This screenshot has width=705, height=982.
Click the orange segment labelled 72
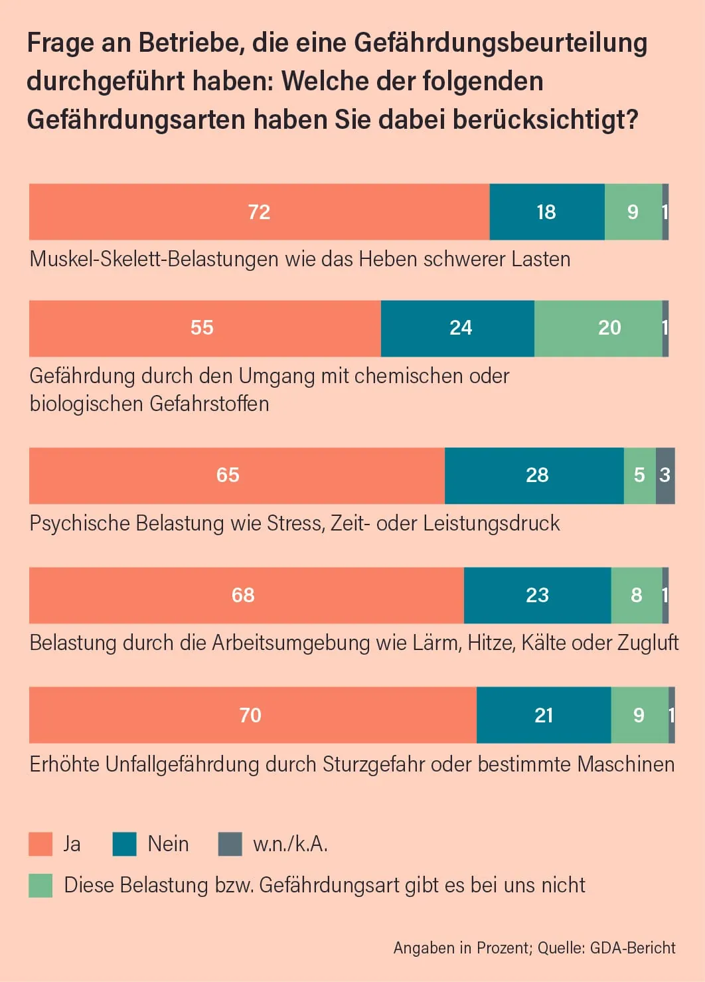pos(259,212)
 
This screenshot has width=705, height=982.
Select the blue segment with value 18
pos(546,212)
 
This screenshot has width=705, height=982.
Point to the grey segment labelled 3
pos(665,475)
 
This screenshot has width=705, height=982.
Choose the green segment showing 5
pos(639,475)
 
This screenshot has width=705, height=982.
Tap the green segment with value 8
pos(636,595)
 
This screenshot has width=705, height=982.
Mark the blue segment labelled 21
pos(544,715)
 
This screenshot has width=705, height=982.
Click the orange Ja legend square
pos(40,844)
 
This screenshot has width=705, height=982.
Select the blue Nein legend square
pos(124,844)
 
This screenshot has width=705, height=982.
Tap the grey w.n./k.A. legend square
pos(230,844)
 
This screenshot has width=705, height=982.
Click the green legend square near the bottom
pos(40,885)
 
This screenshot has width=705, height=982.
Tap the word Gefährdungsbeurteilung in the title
pos(501,43)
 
